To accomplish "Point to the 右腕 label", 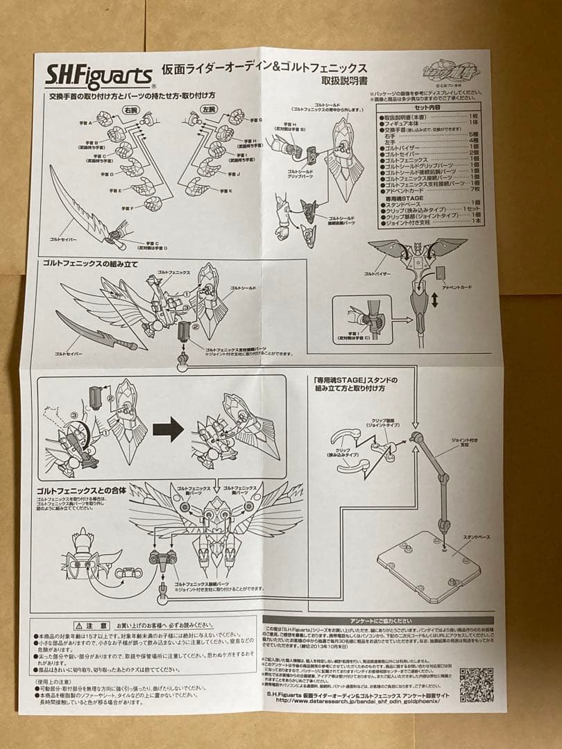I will (130, 110).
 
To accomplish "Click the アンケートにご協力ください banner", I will (378, 620).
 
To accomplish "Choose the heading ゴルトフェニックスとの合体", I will (81, 490).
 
